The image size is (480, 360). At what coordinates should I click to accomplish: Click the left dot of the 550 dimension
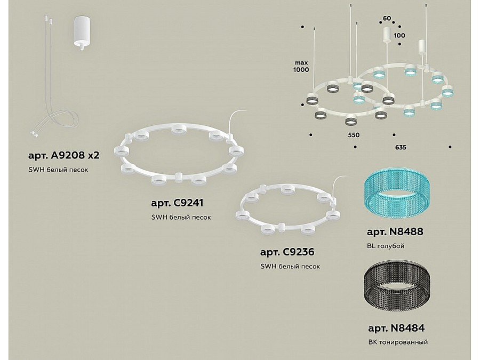pos(311,134)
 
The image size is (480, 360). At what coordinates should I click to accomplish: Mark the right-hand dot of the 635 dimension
pos(450,147)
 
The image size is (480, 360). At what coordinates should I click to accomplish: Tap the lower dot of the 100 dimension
pos(400,44)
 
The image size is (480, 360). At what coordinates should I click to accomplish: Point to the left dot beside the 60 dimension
pos(380,22)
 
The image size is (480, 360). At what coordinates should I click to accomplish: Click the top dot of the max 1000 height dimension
pos(302,27)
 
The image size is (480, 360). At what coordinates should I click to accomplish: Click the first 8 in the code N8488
pos(396,232)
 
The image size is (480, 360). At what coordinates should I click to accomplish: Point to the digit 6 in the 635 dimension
pos(397,147)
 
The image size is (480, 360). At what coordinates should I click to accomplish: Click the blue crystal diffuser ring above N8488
pos(397,194)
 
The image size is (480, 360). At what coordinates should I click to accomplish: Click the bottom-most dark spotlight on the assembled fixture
pos(351,119)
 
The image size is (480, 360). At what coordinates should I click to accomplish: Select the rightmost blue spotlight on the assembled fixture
pos(447,90)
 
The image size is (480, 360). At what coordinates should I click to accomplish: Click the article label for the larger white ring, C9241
pos(177,203)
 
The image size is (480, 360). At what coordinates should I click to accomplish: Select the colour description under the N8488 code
pos(386,246)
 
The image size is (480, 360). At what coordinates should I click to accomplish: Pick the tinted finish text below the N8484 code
pos(398,342)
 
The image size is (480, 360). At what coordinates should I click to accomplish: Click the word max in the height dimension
pos(301,62)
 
